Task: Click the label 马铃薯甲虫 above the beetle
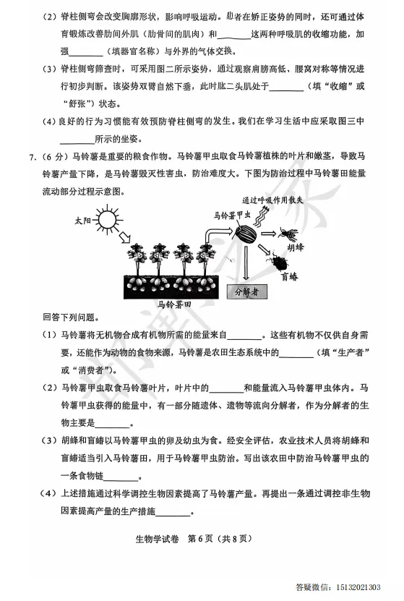232,215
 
